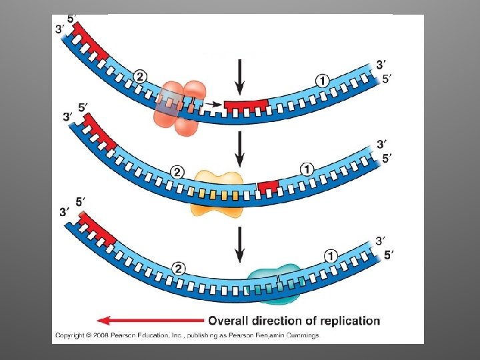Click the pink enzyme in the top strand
coord(181,108)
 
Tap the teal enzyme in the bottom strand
coord(274,281)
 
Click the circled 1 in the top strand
coord(322,81)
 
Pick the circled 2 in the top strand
coord(139,77)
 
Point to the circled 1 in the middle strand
coord(307,169)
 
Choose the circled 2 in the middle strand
coord(177,172)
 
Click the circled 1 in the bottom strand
coord(331,256)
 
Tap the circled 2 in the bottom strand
coord(179,268)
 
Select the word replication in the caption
coord(347,321)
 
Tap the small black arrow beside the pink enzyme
coord(213,104)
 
